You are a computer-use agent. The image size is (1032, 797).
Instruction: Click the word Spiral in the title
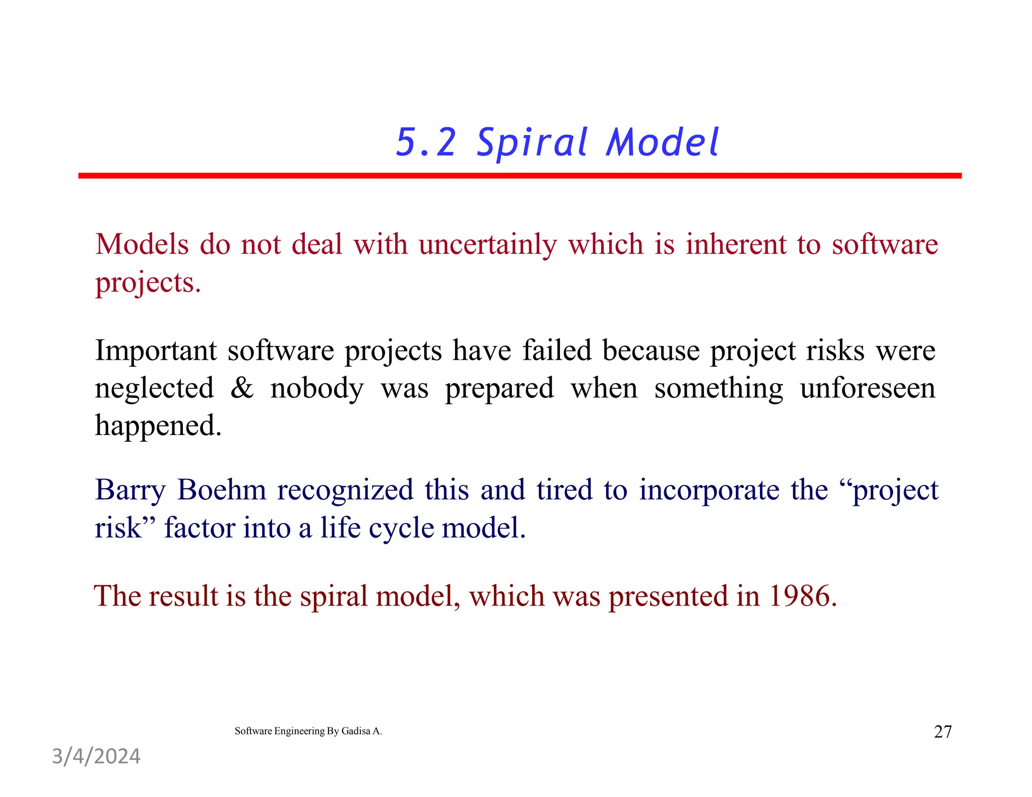pyautogui.click(x=532, y=143)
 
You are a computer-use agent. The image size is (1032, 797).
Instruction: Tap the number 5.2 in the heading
pyautogui.click(x=426, y=143)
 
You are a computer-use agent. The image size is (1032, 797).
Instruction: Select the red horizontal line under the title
pyautogui.click(x=519, y=175)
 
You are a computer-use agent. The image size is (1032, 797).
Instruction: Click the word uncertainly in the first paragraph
pyautogui.click(x=487, y=245)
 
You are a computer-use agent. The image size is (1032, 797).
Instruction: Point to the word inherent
pyautogui.click(x=735, y=245)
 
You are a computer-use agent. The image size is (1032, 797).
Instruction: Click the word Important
pyautogui.click(x=155, y=351)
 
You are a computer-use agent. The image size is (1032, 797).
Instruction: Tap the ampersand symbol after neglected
pyautogui.click(x=242, y=388)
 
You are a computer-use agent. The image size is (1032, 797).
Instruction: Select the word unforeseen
pyautogui.click(x=867, y=388)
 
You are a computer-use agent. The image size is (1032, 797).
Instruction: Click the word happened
pyautogui.click(x=157, y=426)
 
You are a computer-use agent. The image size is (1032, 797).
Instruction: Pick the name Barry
pyautogui.click(x=130, y=490)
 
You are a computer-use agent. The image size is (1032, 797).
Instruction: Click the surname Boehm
pyautogui.click(x=221, y=490)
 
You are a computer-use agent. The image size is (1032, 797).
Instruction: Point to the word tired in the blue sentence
pyautogui.click(x=564, y=490)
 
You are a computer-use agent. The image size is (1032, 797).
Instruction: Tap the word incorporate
pyautogui.click(x=709, y=491)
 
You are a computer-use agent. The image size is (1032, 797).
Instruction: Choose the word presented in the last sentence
pyautogui.click(x=668, y=597)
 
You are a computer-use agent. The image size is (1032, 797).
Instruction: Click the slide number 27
pyautogui.click(x=942, y=732)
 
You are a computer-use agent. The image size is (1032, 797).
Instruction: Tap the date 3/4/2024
pyautogui.click(x=96, y=756)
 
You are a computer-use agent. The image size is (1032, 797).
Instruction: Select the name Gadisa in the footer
pyautogui.click(x=356, y=731)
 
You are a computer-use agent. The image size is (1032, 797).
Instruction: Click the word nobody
pyautogui.click(x=316, y=389)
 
